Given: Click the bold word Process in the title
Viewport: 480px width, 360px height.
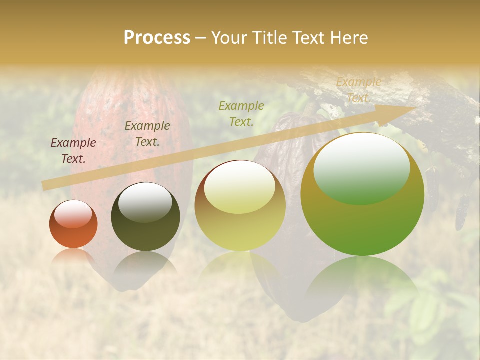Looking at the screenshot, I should click(157, 38).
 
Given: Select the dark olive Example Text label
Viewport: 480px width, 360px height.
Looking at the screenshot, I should click(147, 133).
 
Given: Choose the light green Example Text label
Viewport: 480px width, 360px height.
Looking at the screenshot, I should click(241, 113).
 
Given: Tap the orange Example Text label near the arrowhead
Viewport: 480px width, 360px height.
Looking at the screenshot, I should click(358, 90).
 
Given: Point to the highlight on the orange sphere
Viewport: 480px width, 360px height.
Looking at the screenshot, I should click(73, 213).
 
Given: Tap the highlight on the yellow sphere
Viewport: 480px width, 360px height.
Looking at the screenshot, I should click(240, 187).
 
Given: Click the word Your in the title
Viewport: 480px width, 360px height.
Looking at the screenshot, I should click(228, 38).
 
